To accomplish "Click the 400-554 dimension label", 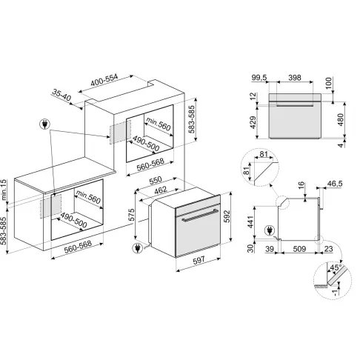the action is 104,80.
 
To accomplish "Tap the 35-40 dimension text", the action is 61,96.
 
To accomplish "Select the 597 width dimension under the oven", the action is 199,259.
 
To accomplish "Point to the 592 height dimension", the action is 227,216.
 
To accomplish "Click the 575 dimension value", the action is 132,215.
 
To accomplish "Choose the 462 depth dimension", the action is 161,190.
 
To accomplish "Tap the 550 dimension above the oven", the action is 156,180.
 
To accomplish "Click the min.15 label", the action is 4,190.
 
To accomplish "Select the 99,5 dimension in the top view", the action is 259,78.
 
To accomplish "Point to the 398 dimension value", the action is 295,78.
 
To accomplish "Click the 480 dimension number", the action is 341,120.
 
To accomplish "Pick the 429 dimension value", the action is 253,122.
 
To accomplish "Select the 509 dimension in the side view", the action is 299,249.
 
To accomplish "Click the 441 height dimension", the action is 250,222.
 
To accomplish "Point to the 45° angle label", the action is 336,267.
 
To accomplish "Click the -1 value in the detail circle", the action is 335,293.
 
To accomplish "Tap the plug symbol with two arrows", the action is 44,124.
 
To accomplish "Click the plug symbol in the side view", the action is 270,231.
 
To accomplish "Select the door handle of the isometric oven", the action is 200,215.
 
